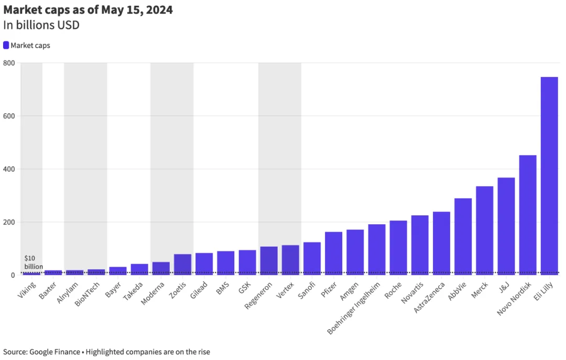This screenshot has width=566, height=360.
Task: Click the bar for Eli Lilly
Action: tap(549, 176)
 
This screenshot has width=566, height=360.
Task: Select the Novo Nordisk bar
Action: tap(528, 215)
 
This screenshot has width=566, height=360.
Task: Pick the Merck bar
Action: tap(484, 231)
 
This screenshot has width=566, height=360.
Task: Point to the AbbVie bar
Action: tap(463, 236)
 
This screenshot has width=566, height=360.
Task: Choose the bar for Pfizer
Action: tap(333, 253)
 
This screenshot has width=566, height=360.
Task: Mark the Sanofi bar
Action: tap(312, 258)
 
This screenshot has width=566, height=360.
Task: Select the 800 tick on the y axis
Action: tap(9, 63)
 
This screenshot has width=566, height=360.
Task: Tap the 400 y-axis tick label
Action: tap(9, 169)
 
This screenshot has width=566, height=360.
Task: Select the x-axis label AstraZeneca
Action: tap(430, 298)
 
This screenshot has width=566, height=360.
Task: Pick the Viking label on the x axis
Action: tap(27, 290)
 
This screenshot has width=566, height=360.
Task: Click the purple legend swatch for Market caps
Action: tap(6, 46)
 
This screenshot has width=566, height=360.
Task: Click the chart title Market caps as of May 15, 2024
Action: tap(88, 10)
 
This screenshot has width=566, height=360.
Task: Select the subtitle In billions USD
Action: tap(41, 25)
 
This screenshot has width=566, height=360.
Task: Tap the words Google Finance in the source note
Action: tap(56, 352)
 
